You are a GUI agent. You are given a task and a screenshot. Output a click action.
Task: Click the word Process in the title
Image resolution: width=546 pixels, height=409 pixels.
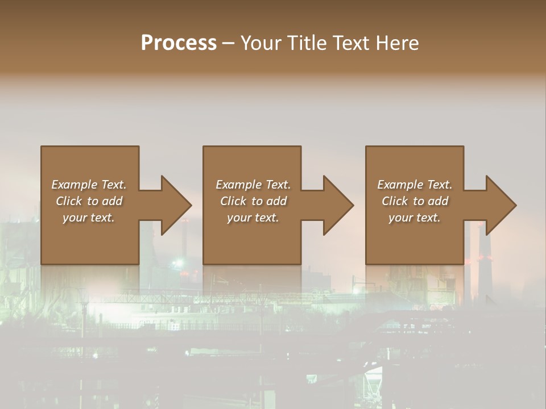click(179, 43)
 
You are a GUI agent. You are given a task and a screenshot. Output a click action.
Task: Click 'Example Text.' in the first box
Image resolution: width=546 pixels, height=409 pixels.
click(89, 185)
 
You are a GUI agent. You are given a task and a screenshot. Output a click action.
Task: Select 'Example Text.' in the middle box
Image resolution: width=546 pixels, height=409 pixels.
click(253, 185)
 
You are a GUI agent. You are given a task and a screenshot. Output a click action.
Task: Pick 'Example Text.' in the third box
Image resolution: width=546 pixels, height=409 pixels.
click(415, 185)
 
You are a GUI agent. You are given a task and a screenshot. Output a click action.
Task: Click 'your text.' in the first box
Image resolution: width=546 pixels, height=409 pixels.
click(89, 218)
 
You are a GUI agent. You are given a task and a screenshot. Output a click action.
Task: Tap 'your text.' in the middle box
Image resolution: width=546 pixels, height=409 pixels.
click(253, 218)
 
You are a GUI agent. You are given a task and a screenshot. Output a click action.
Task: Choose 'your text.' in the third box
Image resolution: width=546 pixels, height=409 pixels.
click(415, 218)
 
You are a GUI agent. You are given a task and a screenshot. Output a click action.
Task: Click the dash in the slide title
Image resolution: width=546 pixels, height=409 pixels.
click(228, 43)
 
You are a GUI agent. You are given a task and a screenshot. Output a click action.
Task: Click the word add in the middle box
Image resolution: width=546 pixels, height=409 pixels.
click(276, 201)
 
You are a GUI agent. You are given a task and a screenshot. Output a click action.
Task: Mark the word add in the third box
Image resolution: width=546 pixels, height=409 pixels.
click(438, 201)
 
